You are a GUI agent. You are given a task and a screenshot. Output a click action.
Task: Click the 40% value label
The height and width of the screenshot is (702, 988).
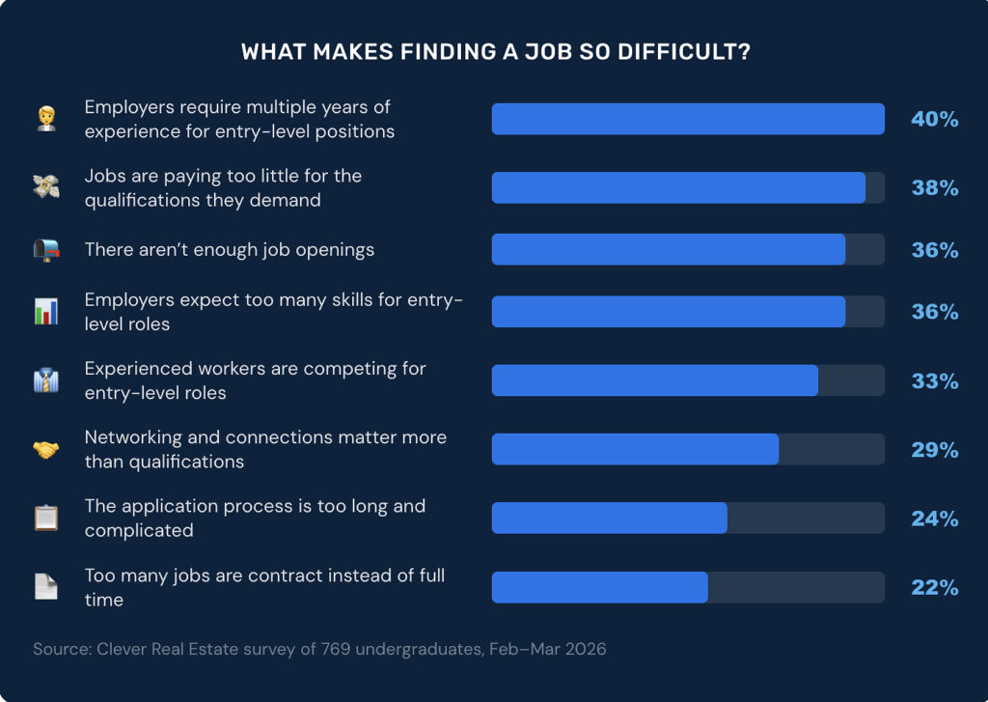(934, 120)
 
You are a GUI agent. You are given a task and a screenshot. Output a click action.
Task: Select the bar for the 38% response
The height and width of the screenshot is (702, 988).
(678, 188)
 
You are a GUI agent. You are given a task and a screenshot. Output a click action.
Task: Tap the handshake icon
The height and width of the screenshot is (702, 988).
(46, 450)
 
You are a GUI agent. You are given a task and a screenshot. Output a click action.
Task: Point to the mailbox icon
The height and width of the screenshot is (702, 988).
(46, 250)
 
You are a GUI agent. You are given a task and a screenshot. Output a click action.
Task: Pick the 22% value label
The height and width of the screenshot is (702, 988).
(934, 588)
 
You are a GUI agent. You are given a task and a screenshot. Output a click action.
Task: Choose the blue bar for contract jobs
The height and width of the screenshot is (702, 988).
(599, 588)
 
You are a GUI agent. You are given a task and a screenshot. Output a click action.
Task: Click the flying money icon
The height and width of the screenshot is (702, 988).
(46, 188)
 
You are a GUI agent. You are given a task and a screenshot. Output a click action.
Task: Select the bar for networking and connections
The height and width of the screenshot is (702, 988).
(635, 450)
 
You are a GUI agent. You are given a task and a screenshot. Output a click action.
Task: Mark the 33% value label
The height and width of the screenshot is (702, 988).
(934, 381)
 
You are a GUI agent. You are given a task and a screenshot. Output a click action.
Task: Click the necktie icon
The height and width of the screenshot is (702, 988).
(46, 381)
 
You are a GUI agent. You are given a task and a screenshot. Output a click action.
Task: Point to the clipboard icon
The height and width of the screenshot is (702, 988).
(46, 519)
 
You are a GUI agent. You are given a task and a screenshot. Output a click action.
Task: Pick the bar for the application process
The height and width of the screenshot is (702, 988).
(609, 519)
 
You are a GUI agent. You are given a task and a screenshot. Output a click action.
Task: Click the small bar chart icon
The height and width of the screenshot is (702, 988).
(46, 312)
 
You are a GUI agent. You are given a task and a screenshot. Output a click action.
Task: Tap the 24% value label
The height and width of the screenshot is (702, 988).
(934, 519)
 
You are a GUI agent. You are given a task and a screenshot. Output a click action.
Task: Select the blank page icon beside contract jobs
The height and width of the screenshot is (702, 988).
(46, 587)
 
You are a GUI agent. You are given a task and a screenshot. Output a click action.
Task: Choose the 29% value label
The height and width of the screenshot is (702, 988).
(934, 450)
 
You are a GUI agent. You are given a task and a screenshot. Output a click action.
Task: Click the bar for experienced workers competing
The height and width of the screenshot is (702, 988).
(654, 381)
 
